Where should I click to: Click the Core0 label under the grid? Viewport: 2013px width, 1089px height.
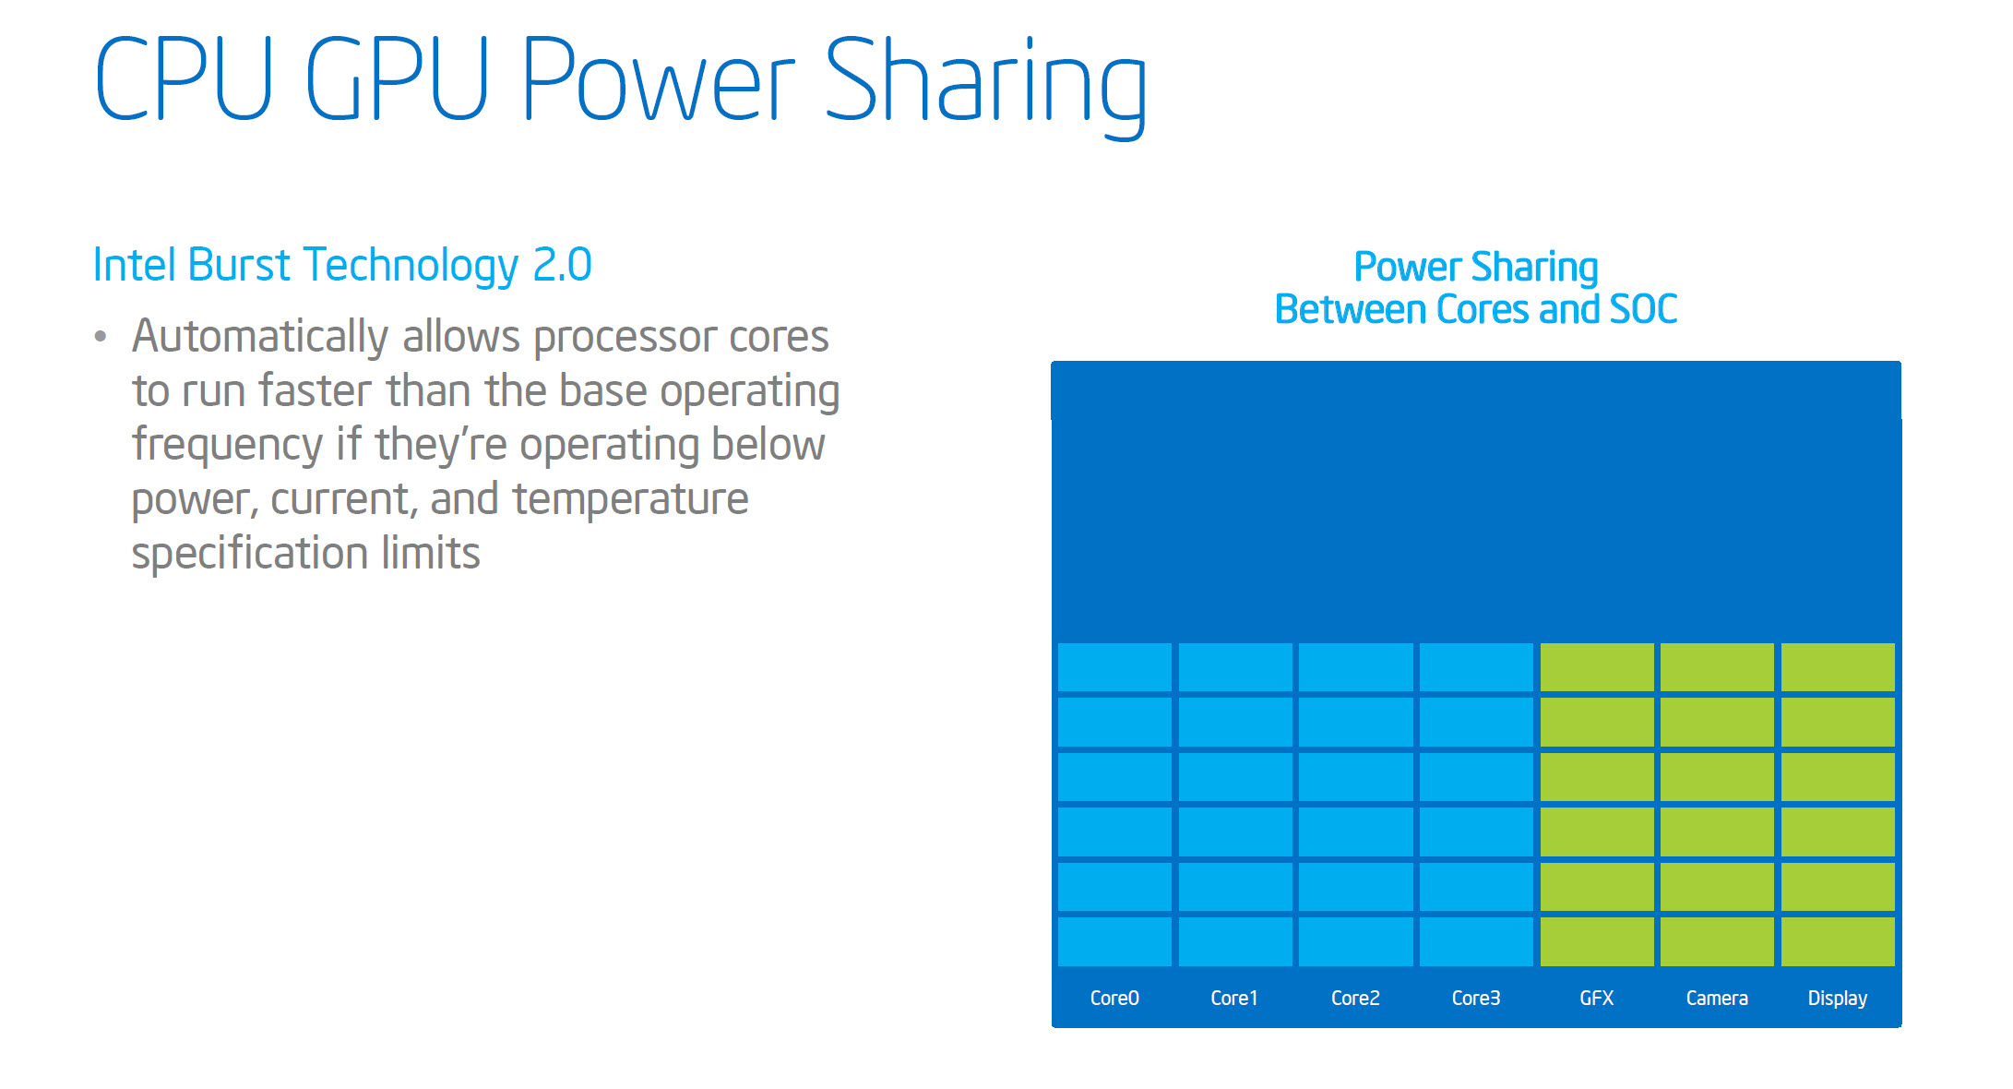[1114, 998]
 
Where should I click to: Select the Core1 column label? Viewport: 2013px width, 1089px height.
[1234, 998]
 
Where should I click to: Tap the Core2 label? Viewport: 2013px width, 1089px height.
[1355, 998]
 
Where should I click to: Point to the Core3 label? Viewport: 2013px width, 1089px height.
[1476, 998]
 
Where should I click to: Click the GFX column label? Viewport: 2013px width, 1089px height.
[1597, 998]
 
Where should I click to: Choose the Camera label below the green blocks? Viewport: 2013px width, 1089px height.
[1717, 998]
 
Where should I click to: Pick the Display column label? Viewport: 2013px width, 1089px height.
[1838, 999]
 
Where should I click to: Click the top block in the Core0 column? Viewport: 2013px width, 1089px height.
[1114, 667]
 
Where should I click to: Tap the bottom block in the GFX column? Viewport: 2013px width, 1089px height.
[1597, 941]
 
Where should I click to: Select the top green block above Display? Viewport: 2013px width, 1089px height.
[1838, 667]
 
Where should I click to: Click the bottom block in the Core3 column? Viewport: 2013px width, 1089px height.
[1476, 941]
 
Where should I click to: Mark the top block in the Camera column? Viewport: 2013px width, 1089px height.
[1717, 667]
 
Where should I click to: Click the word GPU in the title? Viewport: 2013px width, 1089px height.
[397, 78]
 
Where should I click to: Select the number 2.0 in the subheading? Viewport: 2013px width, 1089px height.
[562, 265]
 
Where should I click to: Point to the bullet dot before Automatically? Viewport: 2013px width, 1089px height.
[101, 337]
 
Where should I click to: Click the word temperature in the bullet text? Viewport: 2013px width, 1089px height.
[631, 499]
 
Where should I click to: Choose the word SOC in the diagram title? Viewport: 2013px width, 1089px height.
[1643, 309]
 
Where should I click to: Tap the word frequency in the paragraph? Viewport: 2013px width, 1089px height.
[227, 446]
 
